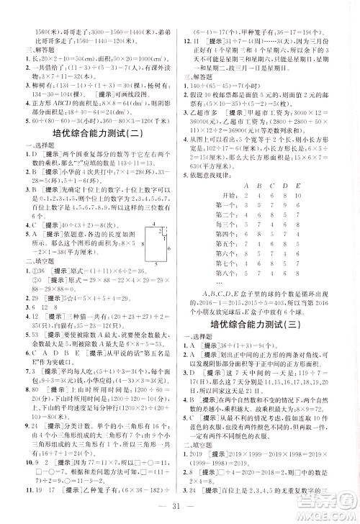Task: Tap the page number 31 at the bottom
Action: coord(180,512)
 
